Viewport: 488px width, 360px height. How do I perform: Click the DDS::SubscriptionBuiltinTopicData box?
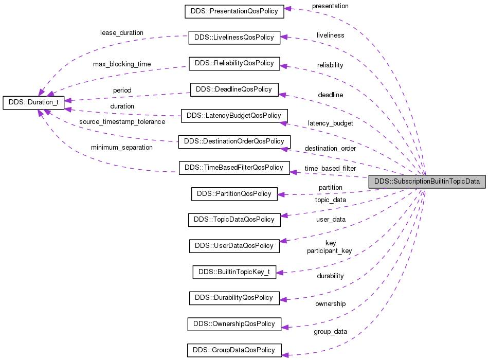427,182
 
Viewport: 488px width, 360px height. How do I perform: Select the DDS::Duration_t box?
33,102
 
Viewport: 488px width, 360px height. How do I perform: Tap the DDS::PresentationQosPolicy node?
234,11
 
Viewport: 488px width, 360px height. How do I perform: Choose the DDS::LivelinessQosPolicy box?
234,38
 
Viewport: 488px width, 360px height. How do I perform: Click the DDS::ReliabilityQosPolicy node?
234,64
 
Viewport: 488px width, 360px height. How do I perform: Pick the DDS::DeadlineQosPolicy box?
234,89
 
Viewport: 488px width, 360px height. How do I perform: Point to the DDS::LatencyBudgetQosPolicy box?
234,116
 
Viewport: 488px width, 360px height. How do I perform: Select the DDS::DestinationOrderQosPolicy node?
234,141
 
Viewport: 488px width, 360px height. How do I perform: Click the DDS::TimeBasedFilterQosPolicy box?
234,168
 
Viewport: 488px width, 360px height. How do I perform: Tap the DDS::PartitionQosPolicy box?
234,194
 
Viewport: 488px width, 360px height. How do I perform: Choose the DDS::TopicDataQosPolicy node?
234,220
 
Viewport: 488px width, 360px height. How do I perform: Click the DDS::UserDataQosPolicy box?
234,246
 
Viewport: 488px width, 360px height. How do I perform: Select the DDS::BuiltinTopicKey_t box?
234,272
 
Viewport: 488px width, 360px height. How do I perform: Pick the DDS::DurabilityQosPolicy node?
234,298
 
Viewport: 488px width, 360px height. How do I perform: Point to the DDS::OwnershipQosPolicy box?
234,325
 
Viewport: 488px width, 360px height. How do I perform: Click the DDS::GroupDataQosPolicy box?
234,351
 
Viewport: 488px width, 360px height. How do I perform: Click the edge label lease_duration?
121,33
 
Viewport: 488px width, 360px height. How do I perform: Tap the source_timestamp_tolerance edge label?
122,122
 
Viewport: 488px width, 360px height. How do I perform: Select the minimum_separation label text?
122,148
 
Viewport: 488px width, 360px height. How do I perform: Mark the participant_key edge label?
329,251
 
